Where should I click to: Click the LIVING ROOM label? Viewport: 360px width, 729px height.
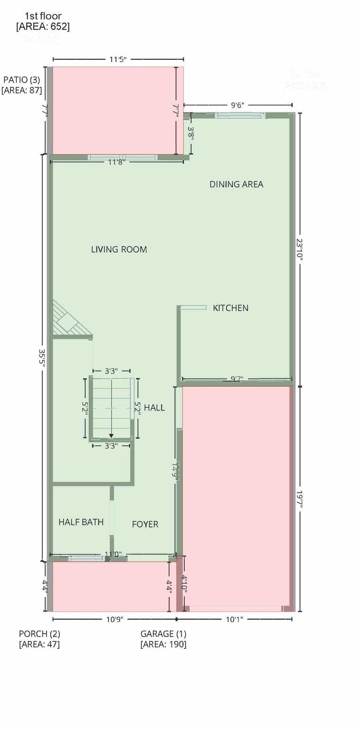point(119,249)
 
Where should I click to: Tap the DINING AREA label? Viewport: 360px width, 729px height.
point(236,184)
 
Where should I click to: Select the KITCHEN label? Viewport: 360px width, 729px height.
point(230,308)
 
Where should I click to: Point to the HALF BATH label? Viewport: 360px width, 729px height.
point(81,522)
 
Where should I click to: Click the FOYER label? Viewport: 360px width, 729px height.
point(145,524)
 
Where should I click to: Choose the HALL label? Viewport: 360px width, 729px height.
point(154,407)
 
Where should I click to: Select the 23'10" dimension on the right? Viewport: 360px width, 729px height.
point(299,249)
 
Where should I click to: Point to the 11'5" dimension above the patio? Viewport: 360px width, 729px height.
point(118,59)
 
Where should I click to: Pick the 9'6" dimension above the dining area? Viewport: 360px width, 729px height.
point(237,105)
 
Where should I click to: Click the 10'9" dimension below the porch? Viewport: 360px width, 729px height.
point(114,619)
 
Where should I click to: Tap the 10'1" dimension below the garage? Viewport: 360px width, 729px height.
point(234,619)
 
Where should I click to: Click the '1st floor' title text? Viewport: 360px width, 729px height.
point(43,16)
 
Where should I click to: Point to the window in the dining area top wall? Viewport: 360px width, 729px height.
point(240,115)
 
